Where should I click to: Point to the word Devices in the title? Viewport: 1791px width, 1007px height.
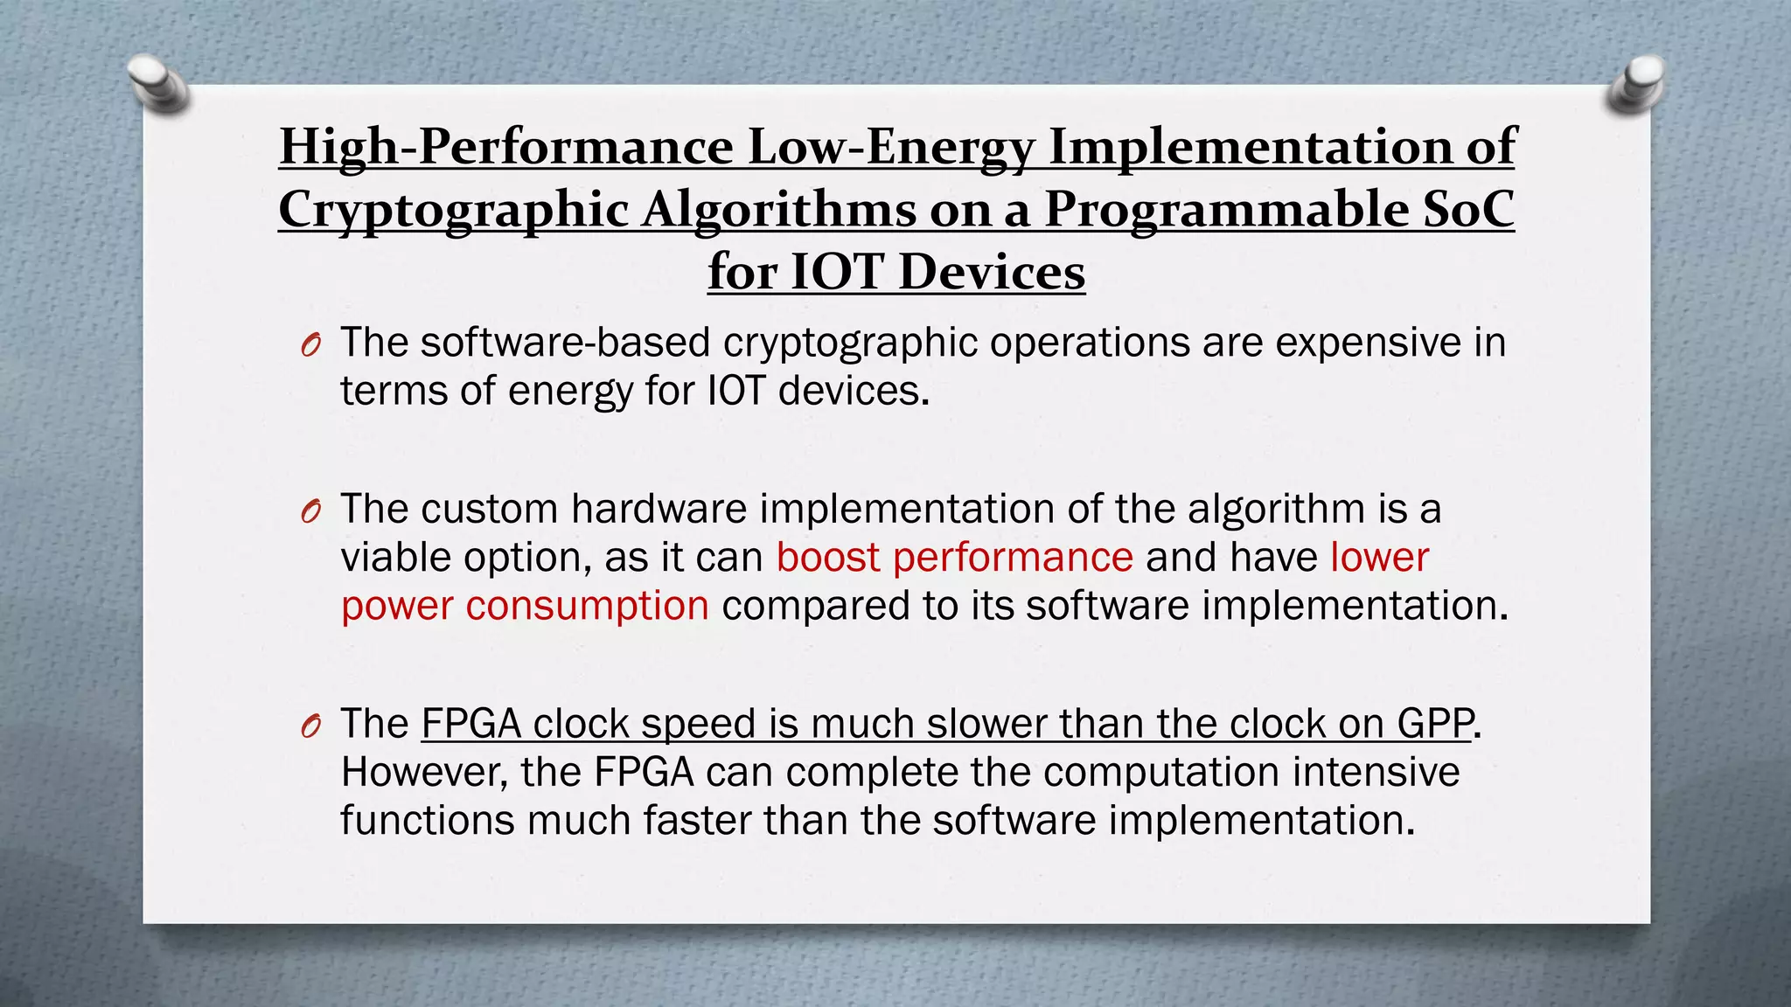pos(992,272)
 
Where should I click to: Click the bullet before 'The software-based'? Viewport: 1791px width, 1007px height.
pos(310,346)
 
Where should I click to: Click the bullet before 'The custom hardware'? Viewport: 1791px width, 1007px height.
pos(310,512)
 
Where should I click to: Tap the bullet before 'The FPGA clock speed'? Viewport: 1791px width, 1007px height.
pos(310,727)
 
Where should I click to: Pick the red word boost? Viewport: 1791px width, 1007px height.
pos(827,557)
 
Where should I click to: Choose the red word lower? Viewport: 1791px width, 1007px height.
pos(1380,557)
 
